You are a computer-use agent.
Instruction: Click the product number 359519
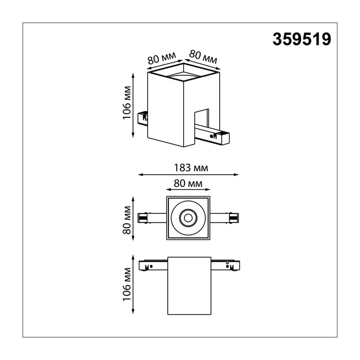pyautogui.click(x=301, y=39)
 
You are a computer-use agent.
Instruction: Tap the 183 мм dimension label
pyautogui.click(x=191, y=168)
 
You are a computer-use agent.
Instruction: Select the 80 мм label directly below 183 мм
pyautogui.click(x=188, y=184)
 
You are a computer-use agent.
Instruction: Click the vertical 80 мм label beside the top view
pyautogui.click(x=127, y=220)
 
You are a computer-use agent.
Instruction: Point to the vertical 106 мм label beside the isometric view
pyautogui.click(x=127, y=103)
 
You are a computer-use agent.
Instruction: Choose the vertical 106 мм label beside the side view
pyautogui.click(x=127, y=284)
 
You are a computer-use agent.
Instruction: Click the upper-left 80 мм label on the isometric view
pyautogui.click(x=162, y=58)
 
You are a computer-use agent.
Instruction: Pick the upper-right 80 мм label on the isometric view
pyautogui.click(x=203, y=57)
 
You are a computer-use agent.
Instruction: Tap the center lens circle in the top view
pyautogui.click(x=188, y=218)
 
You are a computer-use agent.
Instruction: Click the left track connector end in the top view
pyautogui.click(x=143, y=218)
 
